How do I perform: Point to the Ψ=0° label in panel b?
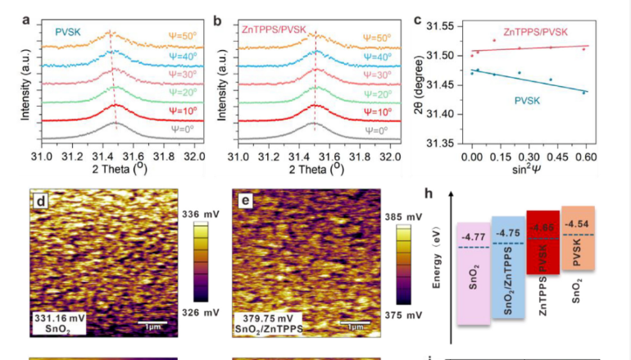coord(374,130)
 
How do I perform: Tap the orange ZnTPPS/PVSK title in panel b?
coord(274,30)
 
